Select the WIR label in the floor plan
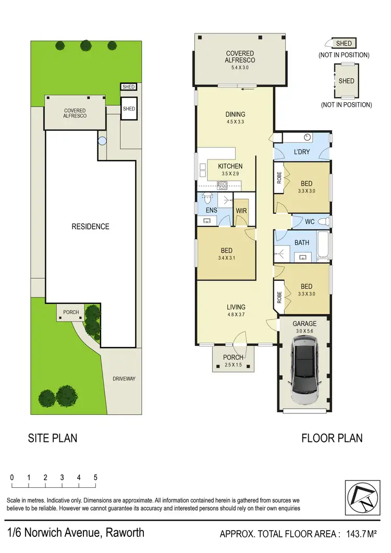(241, 211)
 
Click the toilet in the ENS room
(207, 198)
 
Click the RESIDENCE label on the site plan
(91, 227)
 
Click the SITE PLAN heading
(52, 438)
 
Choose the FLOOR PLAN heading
(332, 438)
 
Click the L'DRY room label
(302, 152)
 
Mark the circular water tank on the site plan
(103, 141)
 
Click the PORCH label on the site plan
(71, 313)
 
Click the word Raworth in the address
(125, 533)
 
